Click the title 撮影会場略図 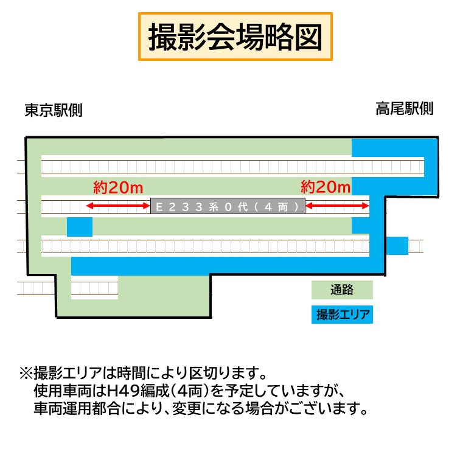tap(235, 37)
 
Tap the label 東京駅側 tap(54, 111)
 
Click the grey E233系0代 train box tap(228, 207)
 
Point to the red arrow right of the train tap(337, 207)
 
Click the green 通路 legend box tap(342, 290)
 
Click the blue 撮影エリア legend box tap(342, 315)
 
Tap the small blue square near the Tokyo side tap(79, 226)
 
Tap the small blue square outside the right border tap(397, 245)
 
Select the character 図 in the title tap(308, 37)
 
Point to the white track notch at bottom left tap(94, 287)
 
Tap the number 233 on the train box tap(186, 207)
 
